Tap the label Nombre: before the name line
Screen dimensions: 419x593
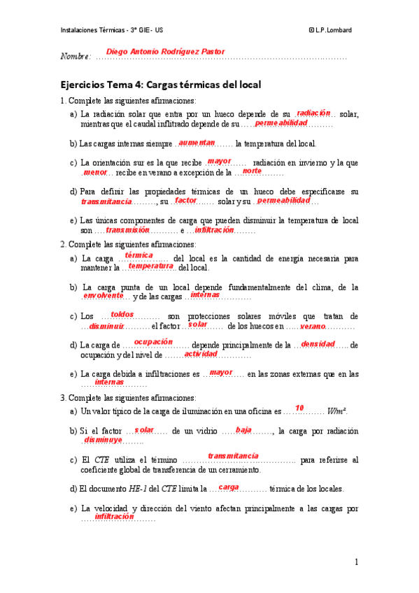coord(76,56)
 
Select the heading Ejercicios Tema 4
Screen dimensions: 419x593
coord(161,85)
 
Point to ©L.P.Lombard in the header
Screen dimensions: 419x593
coord(330,29)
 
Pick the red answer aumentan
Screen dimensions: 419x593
coord(197,142)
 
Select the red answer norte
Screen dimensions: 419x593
coord(252,170)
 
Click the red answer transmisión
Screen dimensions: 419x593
coord(128,229)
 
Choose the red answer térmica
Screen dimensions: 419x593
coord(139,256)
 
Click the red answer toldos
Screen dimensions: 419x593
coord(122,314)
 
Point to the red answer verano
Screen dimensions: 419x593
coord(313,326)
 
